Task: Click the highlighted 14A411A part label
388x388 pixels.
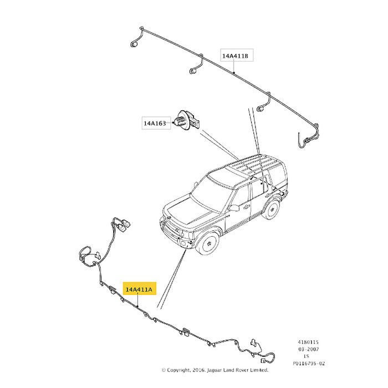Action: (x=140, y=289)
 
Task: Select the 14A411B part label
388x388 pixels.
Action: (x=237, y=55)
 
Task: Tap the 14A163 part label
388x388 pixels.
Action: (x=156, y=122)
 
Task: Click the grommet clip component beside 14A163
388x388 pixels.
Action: (x=187, y=121)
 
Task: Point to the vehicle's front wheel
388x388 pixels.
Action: (x=207, y=243)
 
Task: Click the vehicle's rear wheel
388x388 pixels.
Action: (x=272, y=209)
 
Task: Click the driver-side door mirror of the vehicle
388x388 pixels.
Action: (x=233, y=208)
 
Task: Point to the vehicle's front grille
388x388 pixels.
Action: (x=171, y=227)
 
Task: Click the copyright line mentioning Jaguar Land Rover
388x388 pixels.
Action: (x=215, y=370)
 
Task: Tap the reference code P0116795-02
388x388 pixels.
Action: (x=309, y=363)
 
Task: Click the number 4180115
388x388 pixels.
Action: (x=308, y=342)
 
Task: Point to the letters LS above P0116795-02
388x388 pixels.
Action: (x=307, y=356)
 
